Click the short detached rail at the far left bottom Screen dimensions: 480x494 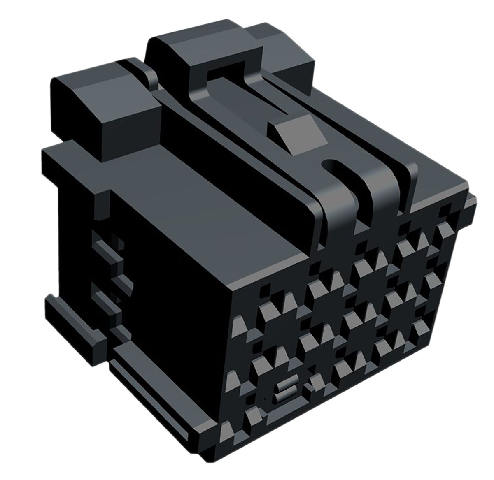point(70,321)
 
